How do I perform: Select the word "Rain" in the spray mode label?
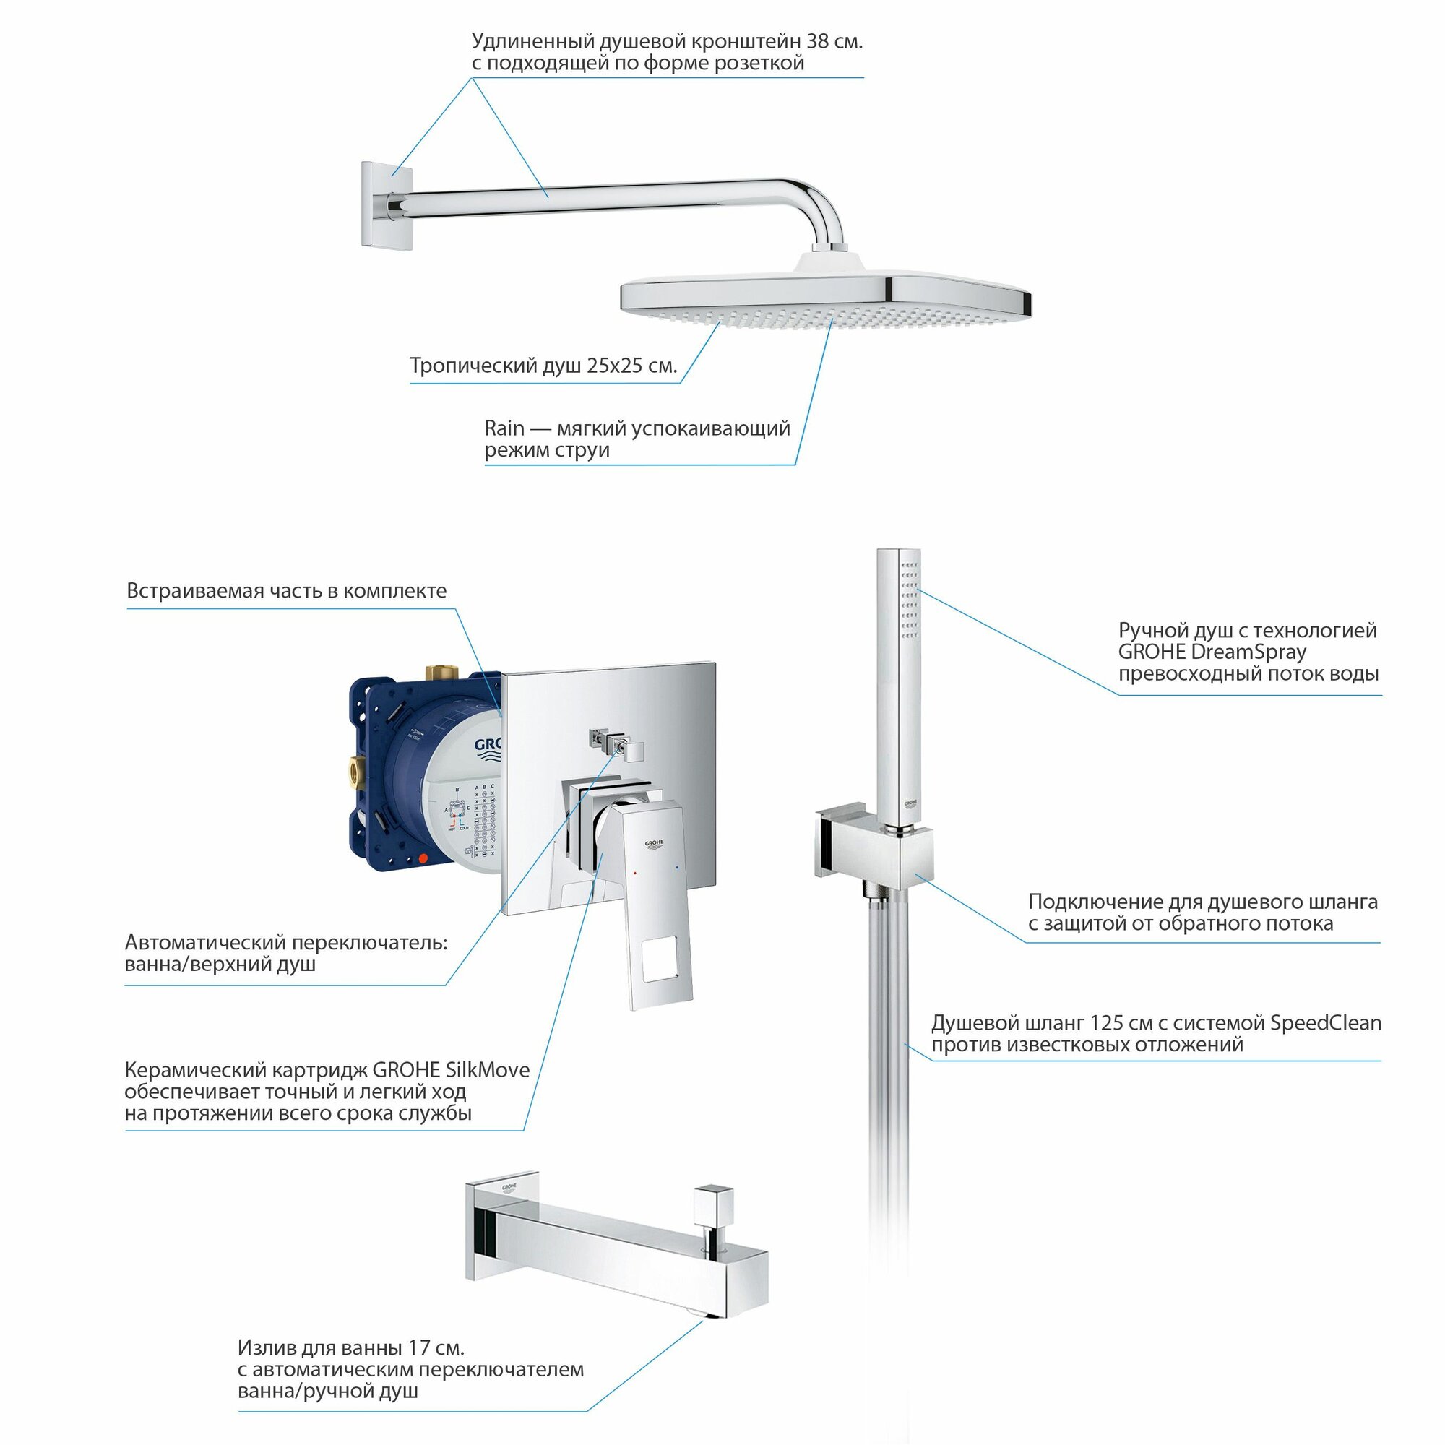[x=504, y=428]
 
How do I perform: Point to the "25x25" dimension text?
[x=610, y=366]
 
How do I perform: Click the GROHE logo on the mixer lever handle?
[x=654, y=844]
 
